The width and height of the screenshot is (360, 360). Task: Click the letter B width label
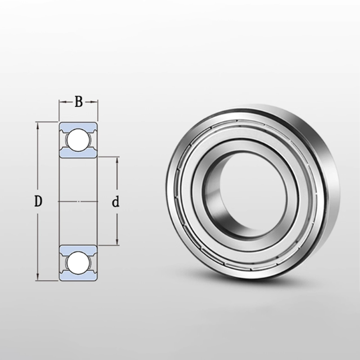coord(78,102)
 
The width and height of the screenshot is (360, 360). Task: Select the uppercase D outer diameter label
coord(39,202)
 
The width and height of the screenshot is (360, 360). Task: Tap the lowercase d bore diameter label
coord(116,202)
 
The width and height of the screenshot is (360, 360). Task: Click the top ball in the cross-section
coord(78,139)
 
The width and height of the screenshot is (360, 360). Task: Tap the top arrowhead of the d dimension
coord(117,160)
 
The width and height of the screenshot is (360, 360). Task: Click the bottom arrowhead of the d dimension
coord(117,243)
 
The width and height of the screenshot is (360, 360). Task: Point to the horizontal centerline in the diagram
coord(79,202)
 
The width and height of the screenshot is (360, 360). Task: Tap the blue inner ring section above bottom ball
coord(78,249)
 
